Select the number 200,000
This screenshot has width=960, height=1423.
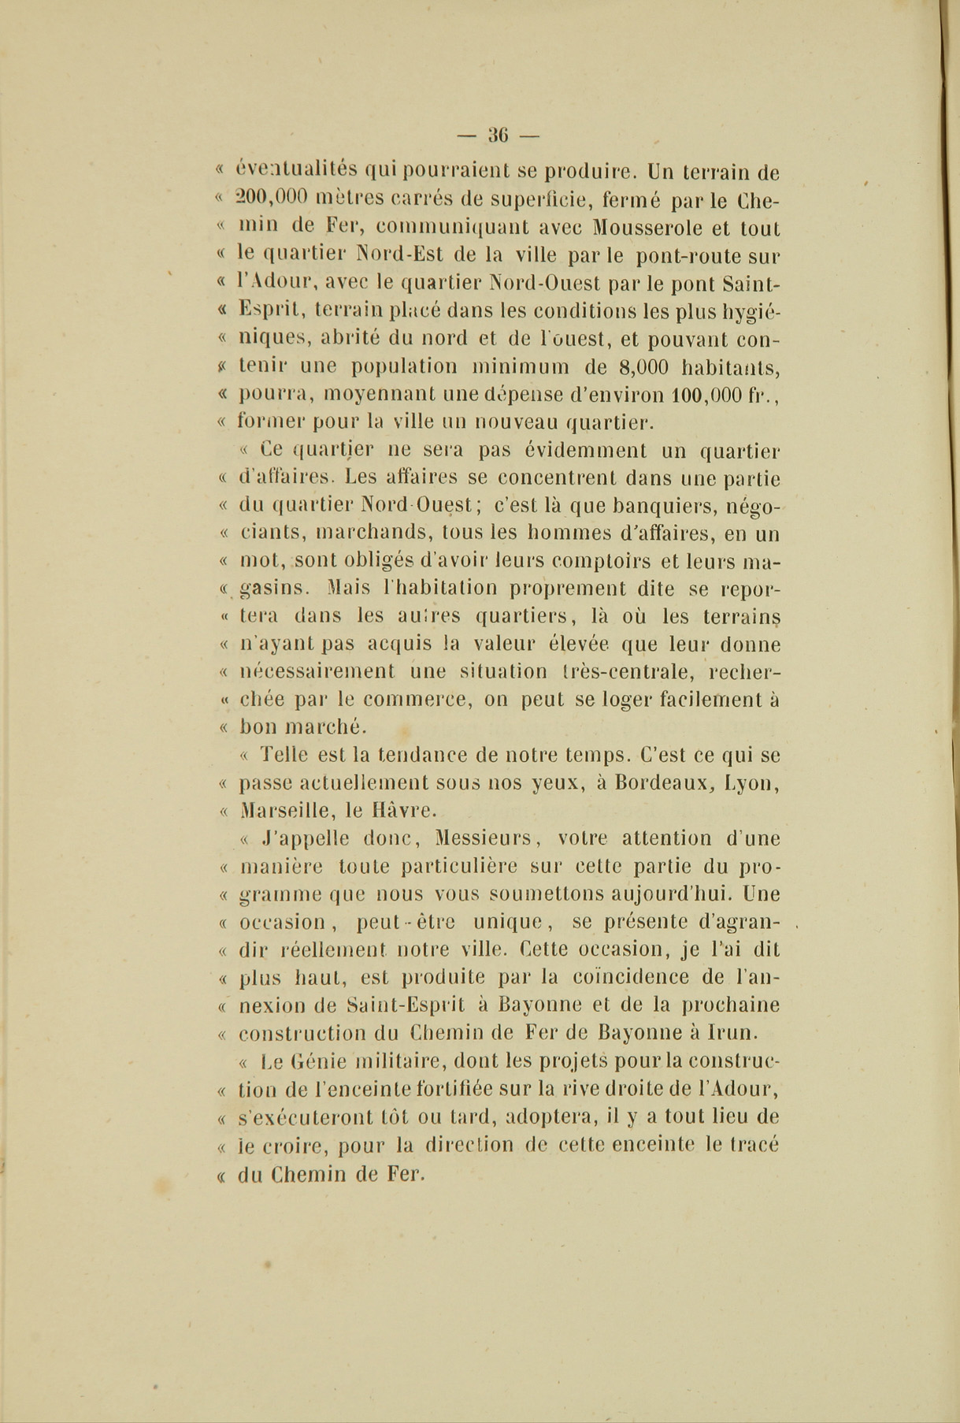tap(274, 199)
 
